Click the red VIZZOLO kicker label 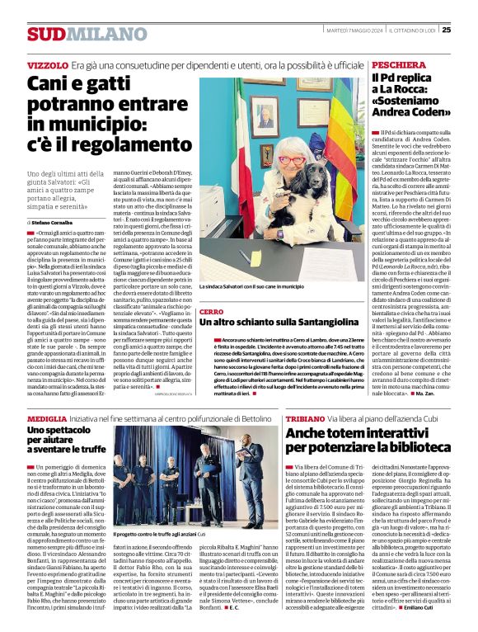(x=47, y=64)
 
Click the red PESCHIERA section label (x=399, y=64)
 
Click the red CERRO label (x=211, y=312)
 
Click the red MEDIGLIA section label (x=47, y=419)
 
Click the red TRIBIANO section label (x=306, y=419)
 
